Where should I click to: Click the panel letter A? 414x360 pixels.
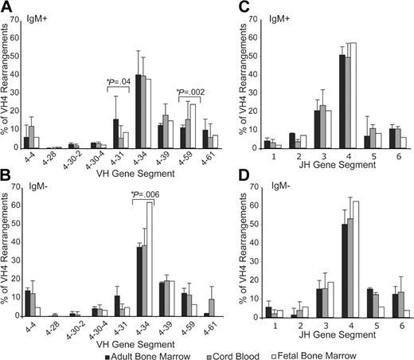(x=6, y=6)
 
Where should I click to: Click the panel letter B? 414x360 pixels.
(x=6, y=179)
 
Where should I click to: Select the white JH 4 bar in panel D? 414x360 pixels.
(x=354, y=258)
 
